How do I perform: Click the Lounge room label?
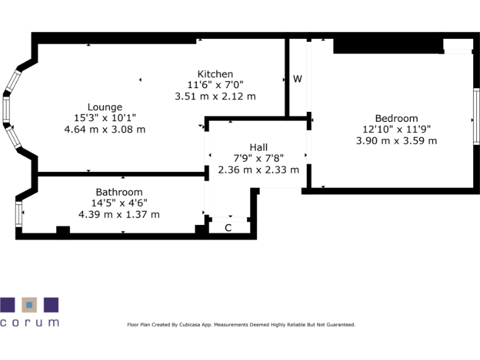[104, 107]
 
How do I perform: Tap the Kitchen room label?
[215, 74]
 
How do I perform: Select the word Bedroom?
[396, 118]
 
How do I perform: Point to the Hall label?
[258, 147]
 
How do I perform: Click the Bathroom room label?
[119, 192]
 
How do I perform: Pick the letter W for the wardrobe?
[297, 79]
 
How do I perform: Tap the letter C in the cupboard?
[228, 227]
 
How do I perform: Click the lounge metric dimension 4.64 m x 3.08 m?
[104, 129]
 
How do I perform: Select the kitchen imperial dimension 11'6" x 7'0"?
[215, 85]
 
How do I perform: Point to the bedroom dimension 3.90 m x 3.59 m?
[396, 141]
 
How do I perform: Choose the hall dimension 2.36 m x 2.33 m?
[258, 169]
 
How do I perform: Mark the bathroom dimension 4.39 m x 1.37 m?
[119, 214]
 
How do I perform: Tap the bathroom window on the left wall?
[18, 214]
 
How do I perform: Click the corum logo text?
[29, 322]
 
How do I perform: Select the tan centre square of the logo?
[29, 305]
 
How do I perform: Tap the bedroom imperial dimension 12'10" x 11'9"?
[396, 129]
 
